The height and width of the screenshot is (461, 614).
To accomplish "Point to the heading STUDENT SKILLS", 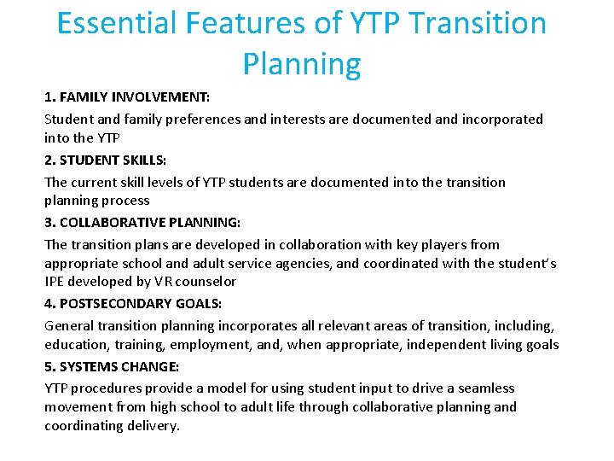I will tap(117, 160).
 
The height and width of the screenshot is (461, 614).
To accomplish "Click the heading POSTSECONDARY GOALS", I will tap(140, 303).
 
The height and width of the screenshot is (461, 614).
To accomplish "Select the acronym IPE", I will tap(55, 281).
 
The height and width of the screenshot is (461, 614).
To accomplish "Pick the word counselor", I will tap(205, 281).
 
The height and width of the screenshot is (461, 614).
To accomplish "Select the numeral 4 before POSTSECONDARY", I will tap(49, 303).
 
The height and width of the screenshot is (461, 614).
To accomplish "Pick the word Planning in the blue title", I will tap(301, 63).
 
